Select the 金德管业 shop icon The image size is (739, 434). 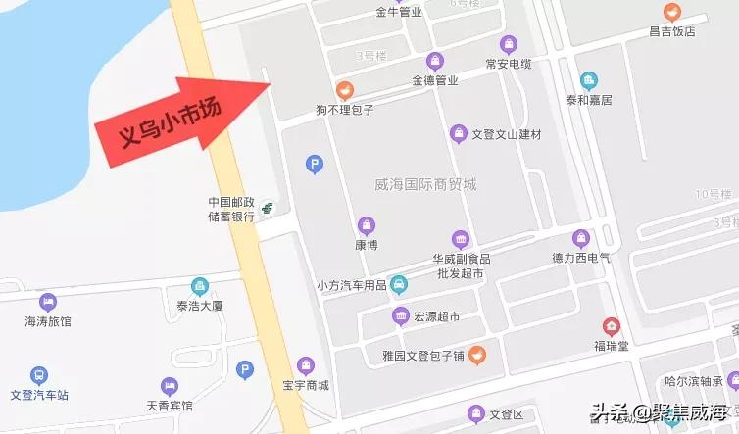tap(434, 61)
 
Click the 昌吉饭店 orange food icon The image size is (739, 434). tap(671, 13)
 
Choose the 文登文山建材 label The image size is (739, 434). tap(507, 133)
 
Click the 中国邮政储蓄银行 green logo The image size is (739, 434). tap(266, 208)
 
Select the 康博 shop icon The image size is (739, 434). tap(367, 225)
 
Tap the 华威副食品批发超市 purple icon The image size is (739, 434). tap(461, 239)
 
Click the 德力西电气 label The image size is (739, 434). tap(581, 258)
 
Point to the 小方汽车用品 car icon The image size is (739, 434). tap(399, 285)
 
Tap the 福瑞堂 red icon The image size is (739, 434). tap(612, 326)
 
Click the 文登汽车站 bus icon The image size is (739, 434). tap(38, 375)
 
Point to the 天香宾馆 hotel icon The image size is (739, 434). tap(171, 385)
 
